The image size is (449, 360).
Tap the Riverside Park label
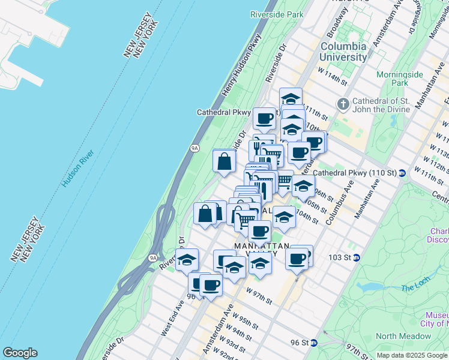(x=277, y=14)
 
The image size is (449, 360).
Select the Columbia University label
(x=343, y=52)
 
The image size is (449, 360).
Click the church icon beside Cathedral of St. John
(x=343, y=105)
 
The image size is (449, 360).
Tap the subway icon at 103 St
(x=357, y=257)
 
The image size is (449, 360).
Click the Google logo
(x=20, y=353)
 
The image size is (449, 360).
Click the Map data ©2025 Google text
(x=412, y=355)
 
